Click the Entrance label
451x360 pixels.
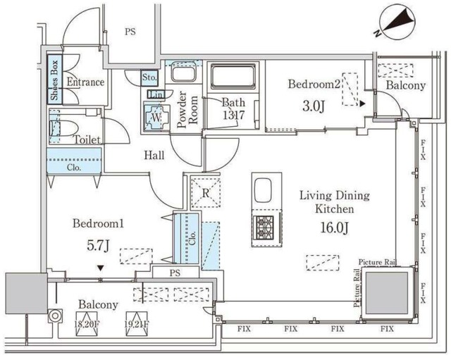85,82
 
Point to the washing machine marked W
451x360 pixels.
154,117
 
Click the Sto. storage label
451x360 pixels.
149,77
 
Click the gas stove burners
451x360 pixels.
263,225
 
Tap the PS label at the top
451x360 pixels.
130,31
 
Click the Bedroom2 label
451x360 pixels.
314,84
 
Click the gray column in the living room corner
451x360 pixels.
385,291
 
